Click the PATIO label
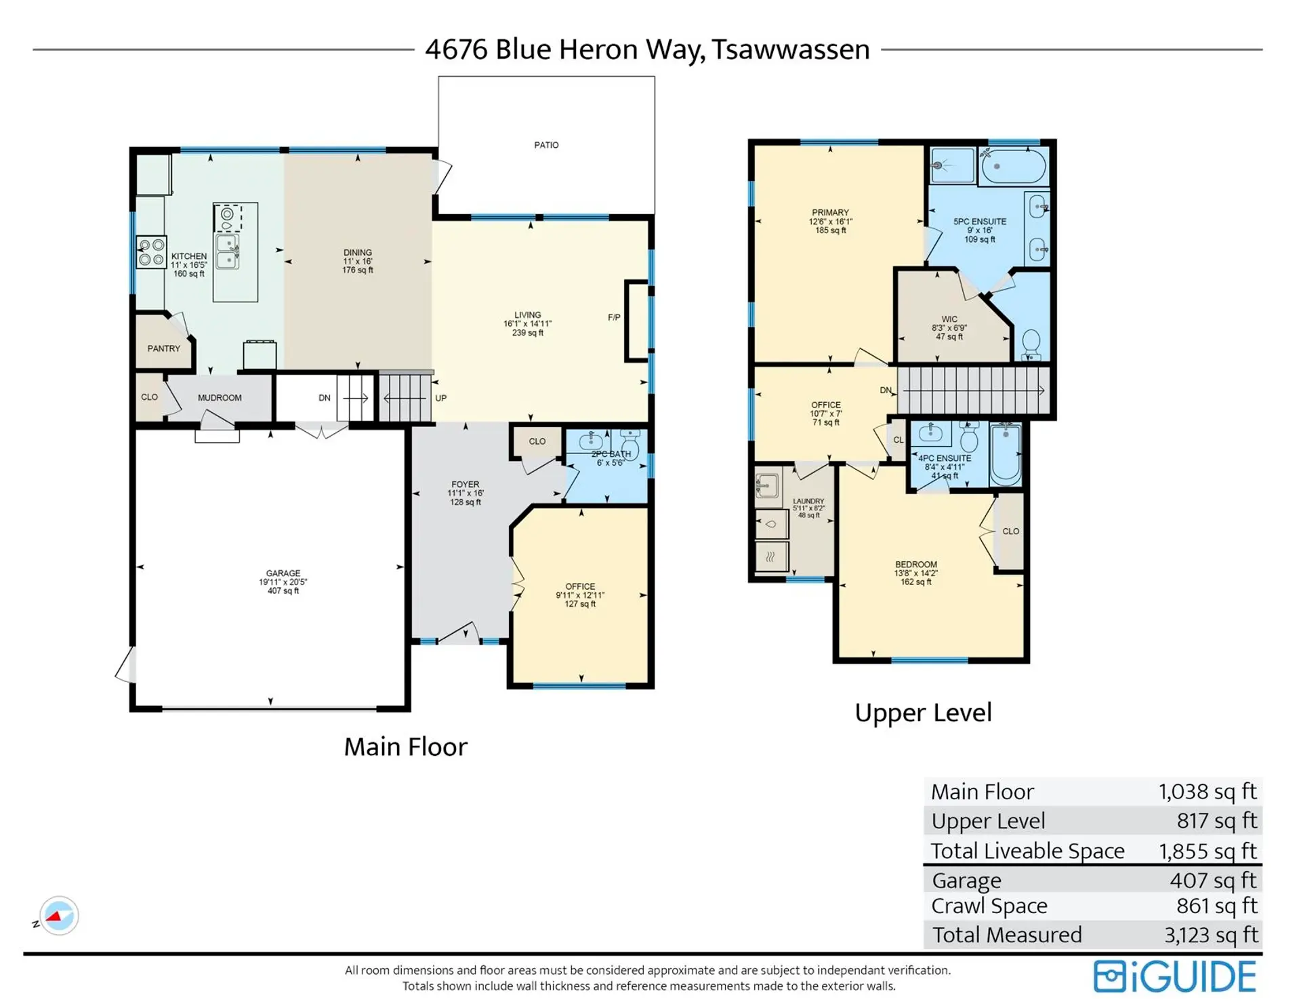546,145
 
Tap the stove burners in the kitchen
151,252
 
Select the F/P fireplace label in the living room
614,317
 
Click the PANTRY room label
164,348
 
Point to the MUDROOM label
220,398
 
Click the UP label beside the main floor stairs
440,399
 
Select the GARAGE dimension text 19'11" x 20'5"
283,582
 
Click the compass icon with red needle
59,916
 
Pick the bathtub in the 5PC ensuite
1014,166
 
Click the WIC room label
949,319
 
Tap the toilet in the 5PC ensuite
1031,342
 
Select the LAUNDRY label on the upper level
808,501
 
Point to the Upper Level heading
923,713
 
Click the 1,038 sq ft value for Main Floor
1207,792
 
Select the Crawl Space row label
989,906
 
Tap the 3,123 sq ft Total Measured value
1211,935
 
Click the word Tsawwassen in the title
790,49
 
